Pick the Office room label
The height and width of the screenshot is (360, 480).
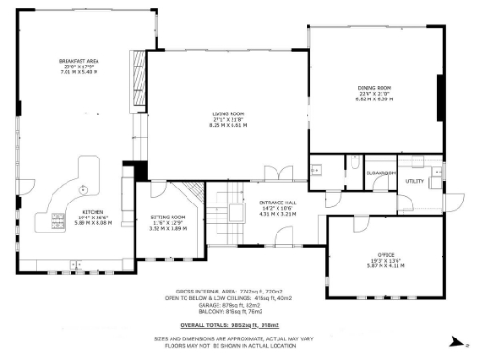click(385, 254)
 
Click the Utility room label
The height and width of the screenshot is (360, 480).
click(413, 180)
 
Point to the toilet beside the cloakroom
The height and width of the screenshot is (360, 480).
click(356, 164)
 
